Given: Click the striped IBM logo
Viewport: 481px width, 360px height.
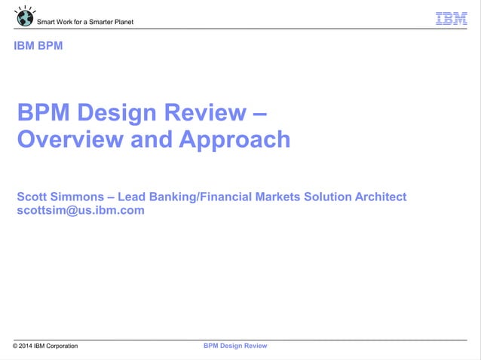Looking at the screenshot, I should click(x=452, y=19).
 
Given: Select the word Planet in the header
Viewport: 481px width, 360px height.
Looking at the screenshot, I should click(x=123, y=22).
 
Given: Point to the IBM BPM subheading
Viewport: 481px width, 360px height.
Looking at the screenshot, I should click(x=38, y=46).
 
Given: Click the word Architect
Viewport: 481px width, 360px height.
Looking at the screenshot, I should click(x=378, y=197).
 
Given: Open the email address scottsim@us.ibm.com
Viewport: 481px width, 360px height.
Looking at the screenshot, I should click(x=81, y=211).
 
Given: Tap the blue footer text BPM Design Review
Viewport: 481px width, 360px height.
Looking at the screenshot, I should click(x=235, y=346).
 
